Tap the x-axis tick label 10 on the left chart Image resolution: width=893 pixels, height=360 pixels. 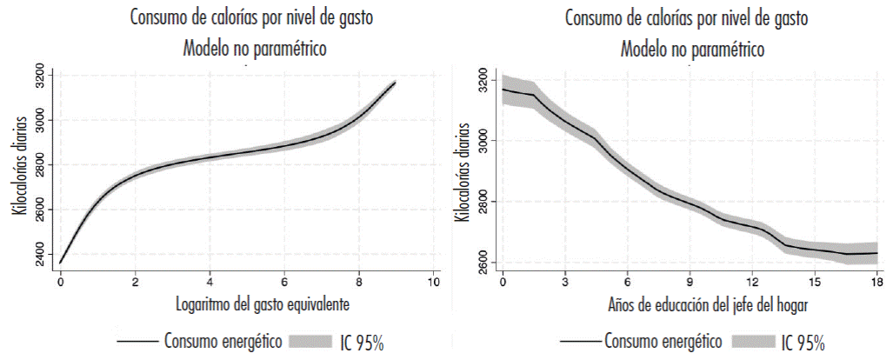[433, 283]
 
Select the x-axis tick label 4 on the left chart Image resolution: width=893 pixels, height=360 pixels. [210, 283]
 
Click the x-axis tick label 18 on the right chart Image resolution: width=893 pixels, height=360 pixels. [877, 283]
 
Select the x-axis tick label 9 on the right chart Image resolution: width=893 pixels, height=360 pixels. [690, 283]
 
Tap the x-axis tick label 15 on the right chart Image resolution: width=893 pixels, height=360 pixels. [815, 283]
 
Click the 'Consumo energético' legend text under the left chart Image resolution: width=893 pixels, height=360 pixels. [222, 341]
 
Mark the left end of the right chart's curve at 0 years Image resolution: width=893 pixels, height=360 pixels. [503, 90]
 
